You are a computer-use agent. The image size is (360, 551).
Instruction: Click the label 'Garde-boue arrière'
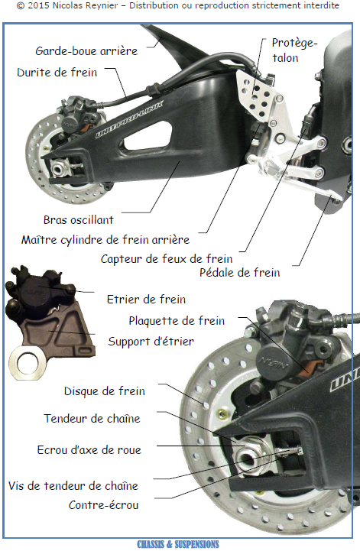[86, 51]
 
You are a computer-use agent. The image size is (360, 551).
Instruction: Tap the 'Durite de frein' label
[57, 73]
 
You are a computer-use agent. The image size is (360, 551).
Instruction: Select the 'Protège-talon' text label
[294, 50]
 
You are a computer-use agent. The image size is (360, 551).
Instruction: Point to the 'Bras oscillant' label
[79, 220]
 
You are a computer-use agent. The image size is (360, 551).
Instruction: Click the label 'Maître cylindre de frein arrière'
[105, 240]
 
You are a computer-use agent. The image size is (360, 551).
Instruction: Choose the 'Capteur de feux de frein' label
[167, 259]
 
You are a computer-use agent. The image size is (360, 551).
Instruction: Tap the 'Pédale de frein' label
[240, 272]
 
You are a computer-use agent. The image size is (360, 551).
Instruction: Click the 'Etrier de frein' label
[146, 300]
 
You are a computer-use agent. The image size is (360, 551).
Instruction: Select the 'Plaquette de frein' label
[177, 320]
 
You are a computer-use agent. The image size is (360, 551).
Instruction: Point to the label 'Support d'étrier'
[151, 341]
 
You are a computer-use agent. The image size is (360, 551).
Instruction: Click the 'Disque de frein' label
[105, 391]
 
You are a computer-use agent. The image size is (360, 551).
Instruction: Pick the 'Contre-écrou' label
[103, 505]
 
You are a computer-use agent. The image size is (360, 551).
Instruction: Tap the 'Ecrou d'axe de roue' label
[89, 450]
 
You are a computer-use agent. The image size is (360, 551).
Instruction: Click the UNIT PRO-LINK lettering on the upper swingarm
[129, 120]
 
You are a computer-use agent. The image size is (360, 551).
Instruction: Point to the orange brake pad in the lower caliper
[310, 367]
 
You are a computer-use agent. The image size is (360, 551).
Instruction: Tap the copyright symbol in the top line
[21, 5]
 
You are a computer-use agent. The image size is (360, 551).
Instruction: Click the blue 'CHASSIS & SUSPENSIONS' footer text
[178, 544]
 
